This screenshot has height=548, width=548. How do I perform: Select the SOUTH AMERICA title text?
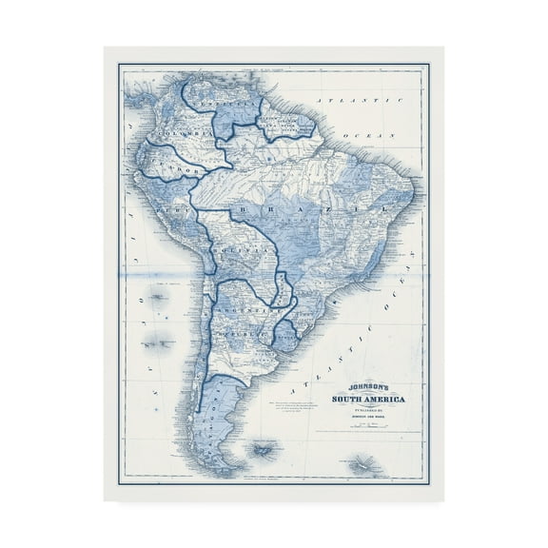point(366,400)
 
